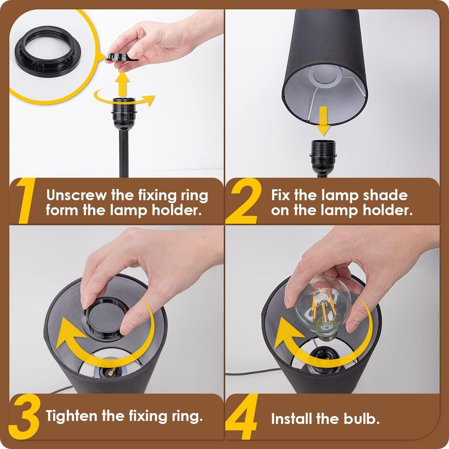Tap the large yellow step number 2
(244, 201)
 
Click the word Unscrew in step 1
(76, 195)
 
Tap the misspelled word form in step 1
(61, 210)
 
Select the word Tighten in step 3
(71, 415)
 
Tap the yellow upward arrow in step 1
(123, 83)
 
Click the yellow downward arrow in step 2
(323, 121)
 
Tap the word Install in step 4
(291, 419)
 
